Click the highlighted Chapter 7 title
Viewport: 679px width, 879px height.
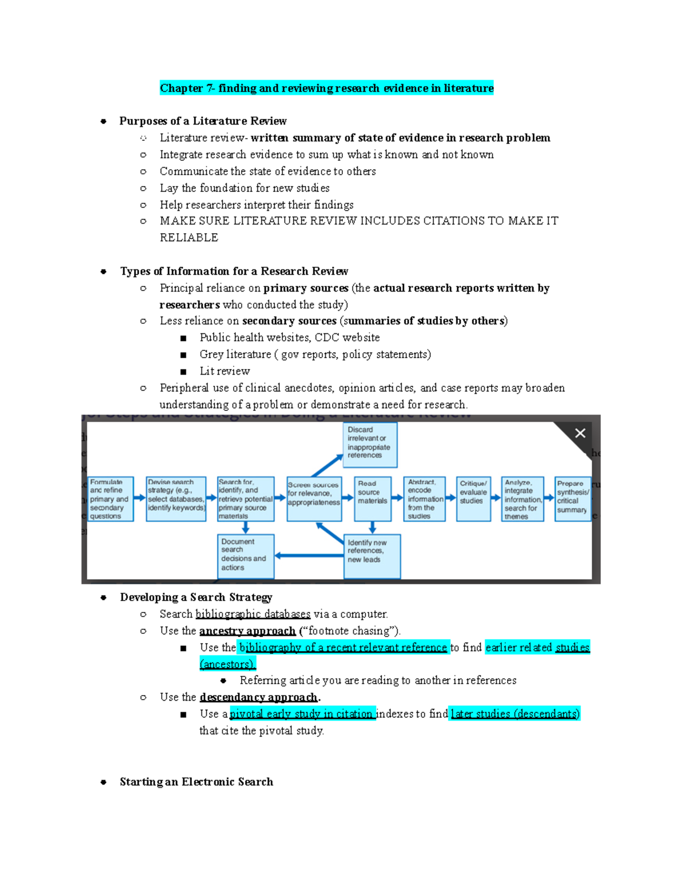[326, 88]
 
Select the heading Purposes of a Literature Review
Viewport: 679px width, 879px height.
[203, 121]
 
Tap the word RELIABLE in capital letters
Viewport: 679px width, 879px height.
[188, 237]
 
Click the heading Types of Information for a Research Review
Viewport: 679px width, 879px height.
[234, 271]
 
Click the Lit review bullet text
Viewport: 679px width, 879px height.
[225, 371]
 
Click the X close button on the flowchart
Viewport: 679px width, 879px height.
[580, 433]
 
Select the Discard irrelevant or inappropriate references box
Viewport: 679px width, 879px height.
[370, 445]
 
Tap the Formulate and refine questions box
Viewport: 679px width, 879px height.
[110, 499]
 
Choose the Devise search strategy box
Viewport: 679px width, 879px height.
[175, 499]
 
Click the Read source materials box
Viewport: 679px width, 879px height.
[372, 499]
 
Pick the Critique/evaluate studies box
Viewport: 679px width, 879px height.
[473, 499]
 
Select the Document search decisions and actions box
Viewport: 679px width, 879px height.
[246, 556]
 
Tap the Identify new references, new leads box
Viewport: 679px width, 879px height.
[372, 556]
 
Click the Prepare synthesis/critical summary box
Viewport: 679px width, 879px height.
[572, 499]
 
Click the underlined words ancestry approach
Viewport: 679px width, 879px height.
[247, 631]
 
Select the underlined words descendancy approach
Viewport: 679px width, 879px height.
[258, 697]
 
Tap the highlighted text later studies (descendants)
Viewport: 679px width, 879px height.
[515, 714]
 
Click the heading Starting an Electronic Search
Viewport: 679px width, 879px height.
[196, 782]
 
